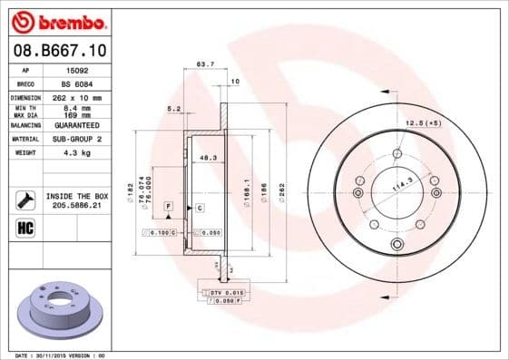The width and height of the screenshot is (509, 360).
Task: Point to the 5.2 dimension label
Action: [x=174, y=109]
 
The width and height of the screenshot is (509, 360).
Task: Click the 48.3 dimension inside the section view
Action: [x=207, y=158]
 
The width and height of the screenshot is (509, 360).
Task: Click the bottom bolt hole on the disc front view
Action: [x=396, y=246]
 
